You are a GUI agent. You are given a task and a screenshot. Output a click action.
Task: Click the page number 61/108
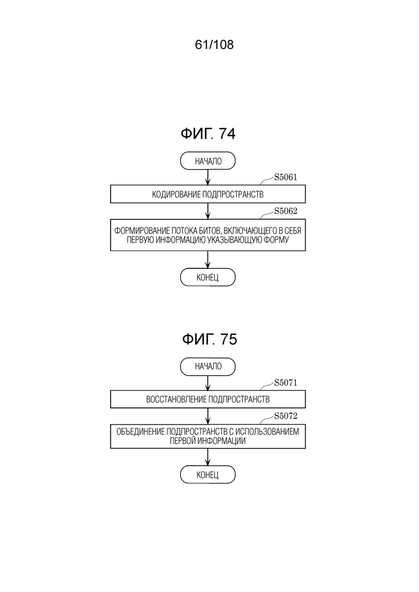click(x=214, y=45)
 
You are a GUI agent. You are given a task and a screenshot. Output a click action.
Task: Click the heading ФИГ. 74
click(x=208, y=134)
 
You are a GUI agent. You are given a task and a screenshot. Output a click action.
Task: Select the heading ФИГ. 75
click(x=209, y=339)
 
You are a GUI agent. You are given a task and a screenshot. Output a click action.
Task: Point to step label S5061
click(x=286, y=178)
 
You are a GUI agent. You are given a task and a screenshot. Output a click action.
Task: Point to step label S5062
click(x=286, y=211)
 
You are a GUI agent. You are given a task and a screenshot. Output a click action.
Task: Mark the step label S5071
click(x=286, y=383)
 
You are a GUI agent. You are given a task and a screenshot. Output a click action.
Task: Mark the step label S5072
click(x=286, y=416)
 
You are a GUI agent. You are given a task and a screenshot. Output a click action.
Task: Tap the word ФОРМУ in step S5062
click(x=277, y=240)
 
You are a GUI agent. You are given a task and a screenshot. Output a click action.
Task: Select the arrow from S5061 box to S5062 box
click(x=208, y=211)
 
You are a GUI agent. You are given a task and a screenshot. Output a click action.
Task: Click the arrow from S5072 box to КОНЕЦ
click(x=208, y=457)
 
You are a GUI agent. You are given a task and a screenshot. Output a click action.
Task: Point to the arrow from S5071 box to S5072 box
click(x=208, y=416)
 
